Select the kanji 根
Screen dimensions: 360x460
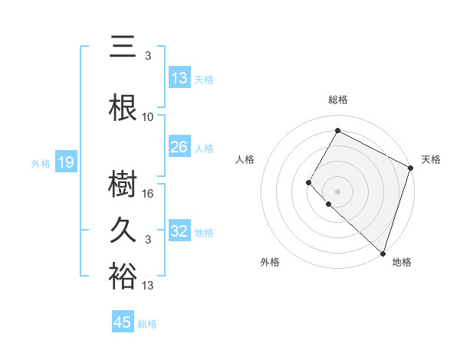pos(123,108)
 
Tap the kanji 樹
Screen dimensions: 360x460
pos(123,185)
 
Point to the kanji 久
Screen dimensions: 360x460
pos(123,231)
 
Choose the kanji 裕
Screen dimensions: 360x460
pos(123,277)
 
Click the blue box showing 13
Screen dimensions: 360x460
pos(179,78)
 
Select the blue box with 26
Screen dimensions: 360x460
pos(179,147)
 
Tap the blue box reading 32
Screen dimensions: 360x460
pos(179,231)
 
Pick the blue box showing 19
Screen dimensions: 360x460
pos(65,162)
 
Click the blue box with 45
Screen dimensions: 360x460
pos(123,322)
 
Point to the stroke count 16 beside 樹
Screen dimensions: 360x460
pos(149,194)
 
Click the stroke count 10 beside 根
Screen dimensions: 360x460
pos(149,117)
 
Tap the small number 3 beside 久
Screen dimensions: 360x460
pos(148,240)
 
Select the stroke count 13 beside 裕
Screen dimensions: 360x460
pos(149,286)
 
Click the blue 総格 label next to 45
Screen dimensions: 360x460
pos(147,324)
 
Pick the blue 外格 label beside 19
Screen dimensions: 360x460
pos(40,163)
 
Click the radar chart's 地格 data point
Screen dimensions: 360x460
pos(383,254)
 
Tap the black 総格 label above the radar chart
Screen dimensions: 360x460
pos(337,100)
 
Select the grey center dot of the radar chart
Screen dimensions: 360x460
pos(337,191)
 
